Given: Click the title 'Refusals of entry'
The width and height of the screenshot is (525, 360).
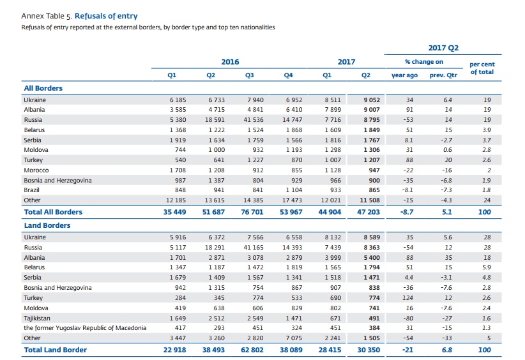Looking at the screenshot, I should [106, 16].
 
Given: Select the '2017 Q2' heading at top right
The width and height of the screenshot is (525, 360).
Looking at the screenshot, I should [443, 48].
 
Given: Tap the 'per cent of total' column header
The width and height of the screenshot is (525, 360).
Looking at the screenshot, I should [482, 68].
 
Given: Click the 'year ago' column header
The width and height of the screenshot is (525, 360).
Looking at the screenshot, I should [404, 75].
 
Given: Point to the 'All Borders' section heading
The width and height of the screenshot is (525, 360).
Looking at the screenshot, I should [43, 88].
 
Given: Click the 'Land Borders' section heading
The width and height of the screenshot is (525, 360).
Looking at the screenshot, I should [47, 225].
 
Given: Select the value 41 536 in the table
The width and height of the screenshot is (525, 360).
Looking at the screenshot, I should [254, 120].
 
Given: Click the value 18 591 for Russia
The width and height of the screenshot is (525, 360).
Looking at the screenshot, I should [215, 120].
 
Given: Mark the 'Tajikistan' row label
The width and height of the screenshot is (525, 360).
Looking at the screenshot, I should [38, 318].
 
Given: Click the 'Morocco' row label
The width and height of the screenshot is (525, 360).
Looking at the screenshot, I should [36, 170].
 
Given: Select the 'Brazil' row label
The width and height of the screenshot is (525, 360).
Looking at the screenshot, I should [32, 190].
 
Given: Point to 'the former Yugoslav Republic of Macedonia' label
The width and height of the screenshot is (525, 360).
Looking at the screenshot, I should [85, 328].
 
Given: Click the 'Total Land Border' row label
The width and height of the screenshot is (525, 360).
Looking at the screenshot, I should [55, 350].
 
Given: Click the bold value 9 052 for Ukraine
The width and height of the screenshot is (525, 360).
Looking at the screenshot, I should [371, 100].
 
